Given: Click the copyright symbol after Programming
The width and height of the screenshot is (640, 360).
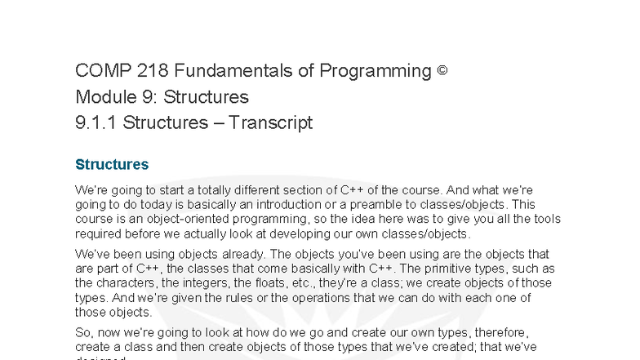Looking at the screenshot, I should coord(442,71).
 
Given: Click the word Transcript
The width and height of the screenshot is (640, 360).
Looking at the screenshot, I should coord(270,123).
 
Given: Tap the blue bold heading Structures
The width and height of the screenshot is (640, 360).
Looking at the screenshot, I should coord(112,165).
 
